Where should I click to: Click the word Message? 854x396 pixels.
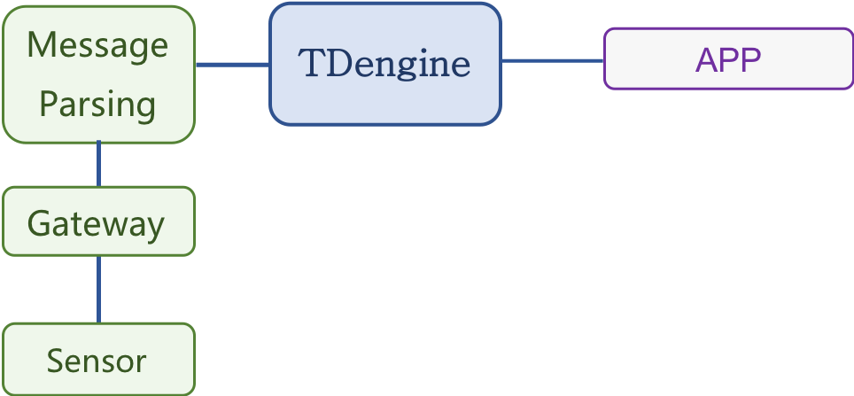click(x=97, y=44)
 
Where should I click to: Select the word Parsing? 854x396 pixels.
click(x=97, y=105)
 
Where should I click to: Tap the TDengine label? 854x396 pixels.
click(x=384, y=64)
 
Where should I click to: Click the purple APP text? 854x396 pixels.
click(x=728, y=60)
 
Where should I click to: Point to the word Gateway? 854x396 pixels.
click(x=97, y=223)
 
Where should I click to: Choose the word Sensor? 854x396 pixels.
click(x=97, y=361)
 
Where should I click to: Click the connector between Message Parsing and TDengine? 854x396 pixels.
click(x=232, y=64)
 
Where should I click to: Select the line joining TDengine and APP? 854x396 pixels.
click(x=553, y=60)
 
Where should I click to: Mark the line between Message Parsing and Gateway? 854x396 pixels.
click(x=98, y=164)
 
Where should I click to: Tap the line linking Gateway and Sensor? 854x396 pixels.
click(x=98, y=289)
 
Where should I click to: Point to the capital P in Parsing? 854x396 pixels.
click(x=49, y=104)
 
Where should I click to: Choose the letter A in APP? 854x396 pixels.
click(x=705, y=60)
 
